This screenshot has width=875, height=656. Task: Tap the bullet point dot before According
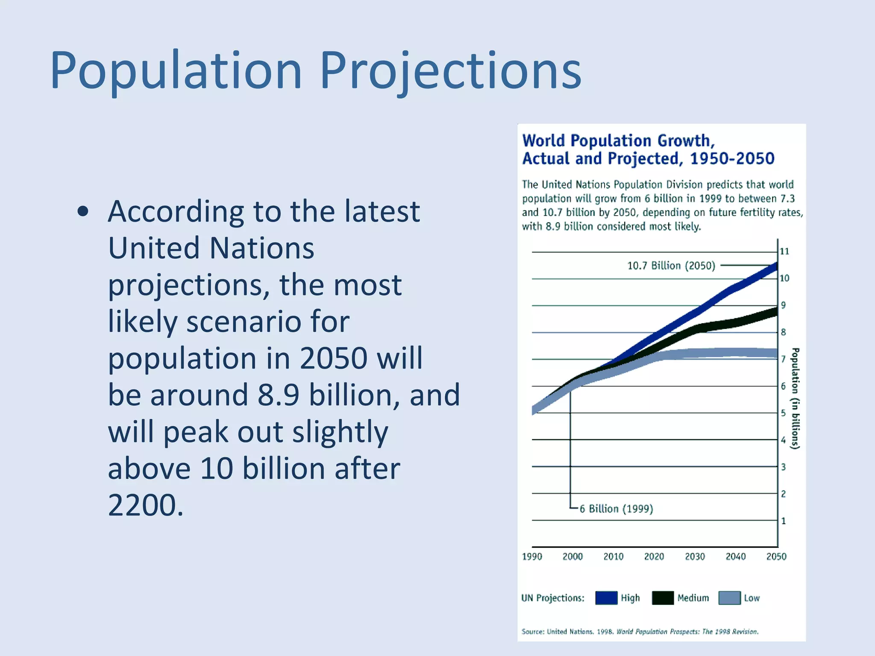[83, 211]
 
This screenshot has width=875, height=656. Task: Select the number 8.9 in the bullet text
[278, 395]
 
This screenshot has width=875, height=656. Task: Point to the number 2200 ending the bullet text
[142, 505]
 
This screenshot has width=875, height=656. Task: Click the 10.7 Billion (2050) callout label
[671, 266]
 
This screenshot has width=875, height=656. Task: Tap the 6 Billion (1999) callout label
[616, 509]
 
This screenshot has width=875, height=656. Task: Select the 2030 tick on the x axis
[695, 556]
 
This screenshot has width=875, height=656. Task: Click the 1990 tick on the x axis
[531, 556]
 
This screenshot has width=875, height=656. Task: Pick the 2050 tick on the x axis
[776, 556]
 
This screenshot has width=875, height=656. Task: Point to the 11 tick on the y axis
[784, 251]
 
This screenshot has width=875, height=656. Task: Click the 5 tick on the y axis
[783, 413]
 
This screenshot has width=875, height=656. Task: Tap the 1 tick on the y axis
[783, 521]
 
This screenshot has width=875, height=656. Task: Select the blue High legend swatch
[606, 598]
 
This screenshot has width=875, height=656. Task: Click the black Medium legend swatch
[663, 598]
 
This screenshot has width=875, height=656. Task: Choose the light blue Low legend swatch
[729, 598]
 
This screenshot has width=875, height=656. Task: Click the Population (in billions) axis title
[795, 398]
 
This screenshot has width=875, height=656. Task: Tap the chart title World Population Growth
[618, 141]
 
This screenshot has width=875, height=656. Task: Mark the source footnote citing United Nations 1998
[640, 632]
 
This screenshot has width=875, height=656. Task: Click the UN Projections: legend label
[552, 598]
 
